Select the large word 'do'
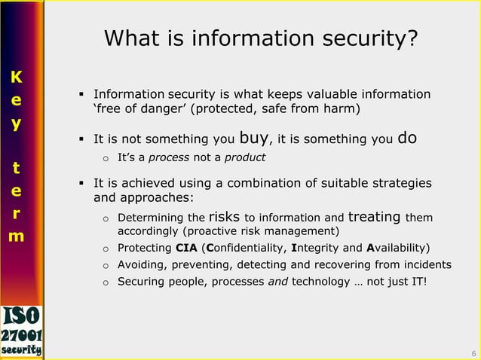(x=407, y=138)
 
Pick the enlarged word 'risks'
(x=224, y=217)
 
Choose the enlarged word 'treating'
(x=375, y=217)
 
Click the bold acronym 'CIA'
(x=185, y=248)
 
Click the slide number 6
(x=473, y=353)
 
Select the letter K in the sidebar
(x=16, y=77)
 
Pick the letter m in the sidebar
(x=16, y=236)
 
